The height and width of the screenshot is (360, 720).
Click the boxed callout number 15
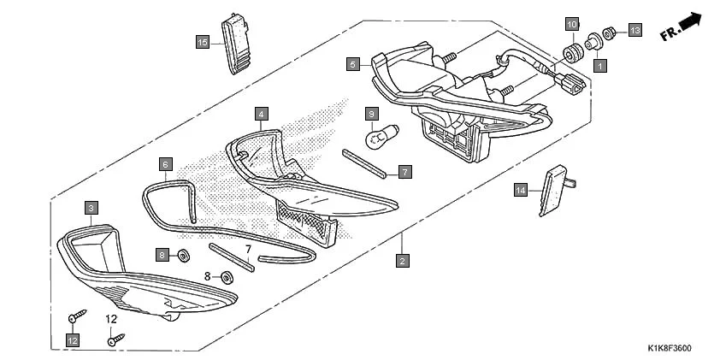click(203, 42)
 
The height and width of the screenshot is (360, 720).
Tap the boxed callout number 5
click(352, 63)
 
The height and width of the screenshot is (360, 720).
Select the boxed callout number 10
click(572, 24)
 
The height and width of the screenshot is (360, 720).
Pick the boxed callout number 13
click(634, 31)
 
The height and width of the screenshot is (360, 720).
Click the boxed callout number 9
click(372, 113)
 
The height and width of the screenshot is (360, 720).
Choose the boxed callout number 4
click(261, 113)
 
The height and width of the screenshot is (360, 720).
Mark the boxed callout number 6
click(166, 162)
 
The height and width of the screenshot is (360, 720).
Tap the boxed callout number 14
click(521, 190)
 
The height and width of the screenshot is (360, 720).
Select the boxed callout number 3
click(91, 206)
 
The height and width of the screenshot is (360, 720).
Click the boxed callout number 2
click(402, 260)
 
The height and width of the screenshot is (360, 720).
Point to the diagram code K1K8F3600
click(670, 348)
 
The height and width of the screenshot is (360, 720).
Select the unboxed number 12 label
click(111, 319)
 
